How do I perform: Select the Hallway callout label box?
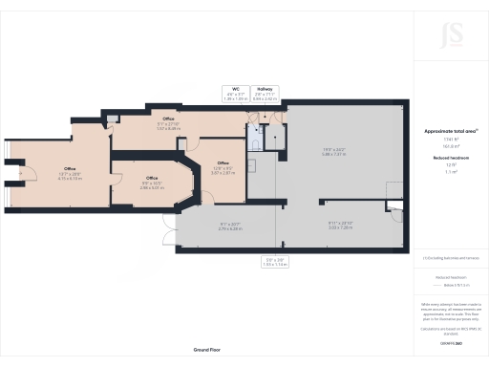click(x=266, y=95)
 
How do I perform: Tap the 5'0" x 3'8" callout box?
click(x=275, y=261)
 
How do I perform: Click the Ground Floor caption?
click(x=208, y=351)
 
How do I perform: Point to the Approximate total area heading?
click(x=450, y=130)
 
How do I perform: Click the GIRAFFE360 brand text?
click(x=450, y=341)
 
